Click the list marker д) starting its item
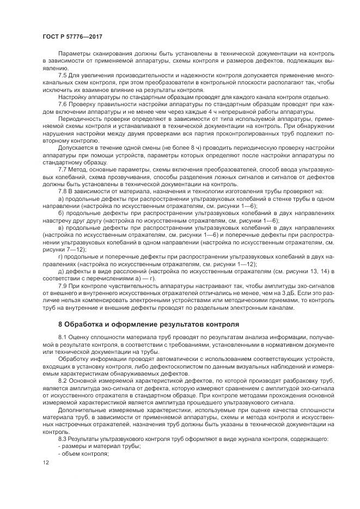[x=61, y=271]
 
